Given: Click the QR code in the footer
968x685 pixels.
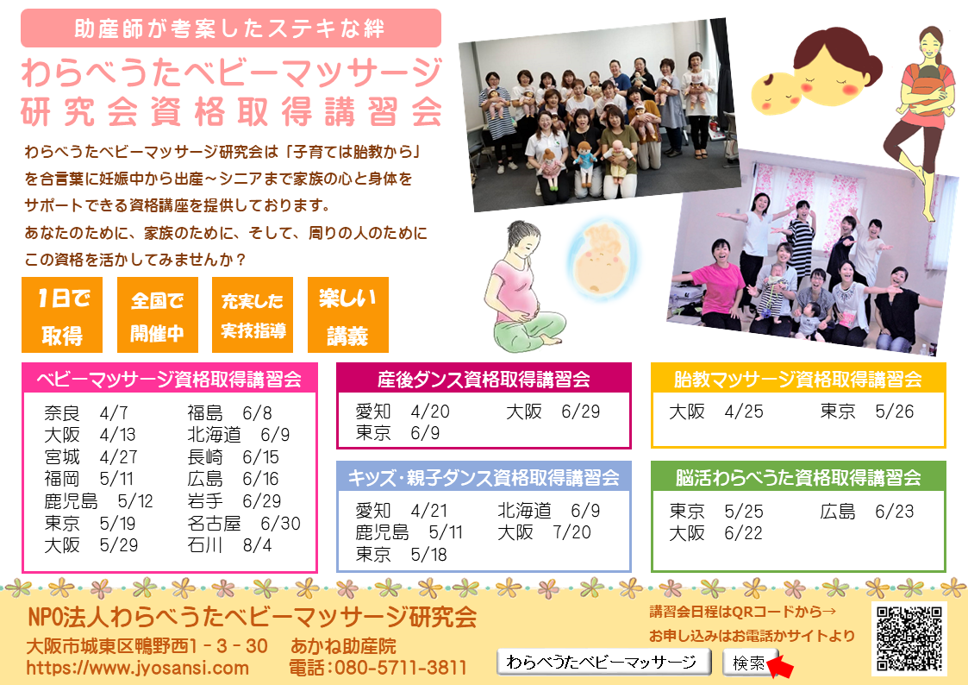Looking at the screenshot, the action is pos(909,638).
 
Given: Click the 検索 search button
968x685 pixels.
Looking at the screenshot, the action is pos(748,663).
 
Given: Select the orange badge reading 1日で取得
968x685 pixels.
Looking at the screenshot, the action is pos(62,315).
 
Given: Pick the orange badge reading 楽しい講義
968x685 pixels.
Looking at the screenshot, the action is pos(348,315).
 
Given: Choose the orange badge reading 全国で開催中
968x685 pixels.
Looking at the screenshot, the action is pos(158,315).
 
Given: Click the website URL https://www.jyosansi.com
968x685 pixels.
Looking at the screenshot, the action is pos(137,668).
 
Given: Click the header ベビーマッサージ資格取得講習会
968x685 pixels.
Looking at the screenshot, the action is pos(169,379).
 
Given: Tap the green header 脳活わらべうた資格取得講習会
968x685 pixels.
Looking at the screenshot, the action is pos(798,477).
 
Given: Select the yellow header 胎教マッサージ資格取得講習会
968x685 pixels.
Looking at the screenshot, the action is pos(798,379).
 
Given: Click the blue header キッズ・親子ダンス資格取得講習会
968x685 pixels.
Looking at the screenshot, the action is pos(484,477).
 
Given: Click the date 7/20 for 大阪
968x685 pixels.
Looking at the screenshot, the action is pos(571,532).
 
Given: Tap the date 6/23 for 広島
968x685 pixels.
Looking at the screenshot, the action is pos(895,512).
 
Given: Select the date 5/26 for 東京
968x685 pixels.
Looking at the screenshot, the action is pos(895,412).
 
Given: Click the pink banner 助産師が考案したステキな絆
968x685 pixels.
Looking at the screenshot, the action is pos(231,28).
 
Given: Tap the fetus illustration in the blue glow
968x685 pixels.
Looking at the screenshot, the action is pos(602,260).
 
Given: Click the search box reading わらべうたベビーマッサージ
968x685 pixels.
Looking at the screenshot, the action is pos(603,663).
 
